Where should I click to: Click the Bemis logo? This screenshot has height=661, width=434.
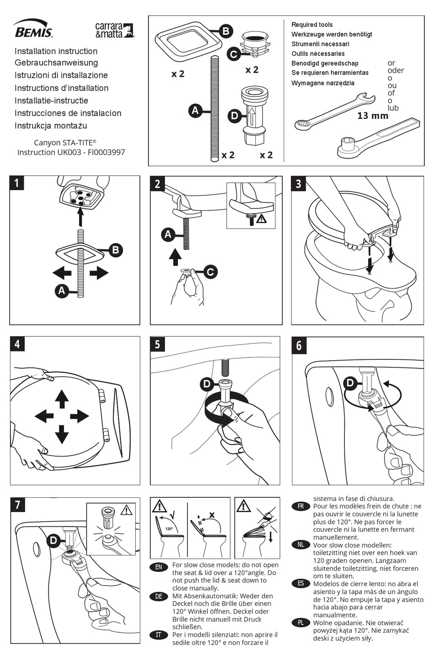(33, 28)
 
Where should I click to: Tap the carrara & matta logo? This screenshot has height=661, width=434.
(114, 30)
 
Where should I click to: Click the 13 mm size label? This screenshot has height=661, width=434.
(372, 116)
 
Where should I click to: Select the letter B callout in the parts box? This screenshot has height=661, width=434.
(226, 32)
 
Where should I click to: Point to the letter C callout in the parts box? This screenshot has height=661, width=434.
(233, 54)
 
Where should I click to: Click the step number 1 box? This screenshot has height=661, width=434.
(16, 183)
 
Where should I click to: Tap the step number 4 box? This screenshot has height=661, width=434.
(17, 343)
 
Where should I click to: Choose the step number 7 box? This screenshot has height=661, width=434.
(17, 505)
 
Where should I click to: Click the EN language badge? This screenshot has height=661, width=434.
(159, 567)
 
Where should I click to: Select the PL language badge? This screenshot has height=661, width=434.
(300, 623)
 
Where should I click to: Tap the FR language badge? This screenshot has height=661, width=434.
(300, 506)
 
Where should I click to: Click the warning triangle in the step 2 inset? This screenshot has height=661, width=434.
(261, 219)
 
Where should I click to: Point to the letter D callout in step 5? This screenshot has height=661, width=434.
(206, 384)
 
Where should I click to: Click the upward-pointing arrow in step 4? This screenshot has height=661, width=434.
(62, 399)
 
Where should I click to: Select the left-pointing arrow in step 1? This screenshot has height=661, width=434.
(62, 273)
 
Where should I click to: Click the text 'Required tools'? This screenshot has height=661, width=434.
(312, 25)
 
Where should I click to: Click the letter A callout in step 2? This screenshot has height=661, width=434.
(168, 235)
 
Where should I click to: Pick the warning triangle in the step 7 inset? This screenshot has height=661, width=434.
(126, 510)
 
